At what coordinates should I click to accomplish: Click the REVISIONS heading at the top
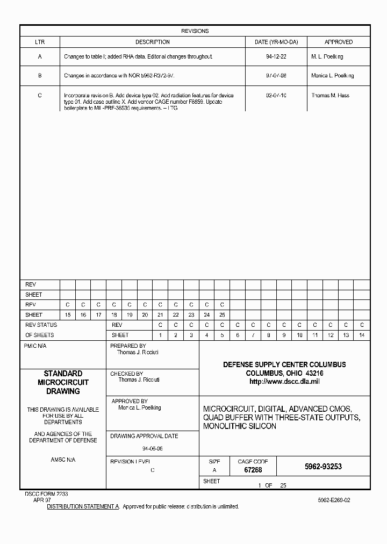[x=195, y=31]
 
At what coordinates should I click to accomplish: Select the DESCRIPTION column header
[x=152, y=42]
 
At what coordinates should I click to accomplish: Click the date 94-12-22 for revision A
[x=276, y=56]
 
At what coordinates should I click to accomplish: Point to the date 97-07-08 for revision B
[x=276, y=76]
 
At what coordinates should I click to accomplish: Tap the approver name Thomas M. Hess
[x=330, y=95]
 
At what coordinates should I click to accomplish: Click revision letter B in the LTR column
[x=40, y=76]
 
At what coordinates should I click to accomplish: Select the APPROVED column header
[x=338, y=42]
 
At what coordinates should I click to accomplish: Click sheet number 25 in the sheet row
[x=222, y=315]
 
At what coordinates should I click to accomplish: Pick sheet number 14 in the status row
[x=361, y=335]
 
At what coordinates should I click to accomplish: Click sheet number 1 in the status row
[x=160, y=335]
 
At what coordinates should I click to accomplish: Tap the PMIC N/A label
[x=35, y=346]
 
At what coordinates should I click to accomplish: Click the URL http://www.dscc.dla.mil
[x=284, y=381]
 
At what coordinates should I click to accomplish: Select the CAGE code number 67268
[x=253, y=470]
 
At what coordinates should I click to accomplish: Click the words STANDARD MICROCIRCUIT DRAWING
[x=63, y=382]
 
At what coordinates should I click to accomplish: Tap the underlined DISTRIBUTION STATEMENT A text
[x=83, y=506]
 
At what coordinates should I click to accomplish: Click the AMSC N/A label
[x=63, y=460]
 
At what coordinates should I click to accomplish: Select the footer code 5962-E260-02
[x=334, y=500]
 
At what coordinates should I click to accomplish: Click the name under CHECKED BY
[x=139, y=380]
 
